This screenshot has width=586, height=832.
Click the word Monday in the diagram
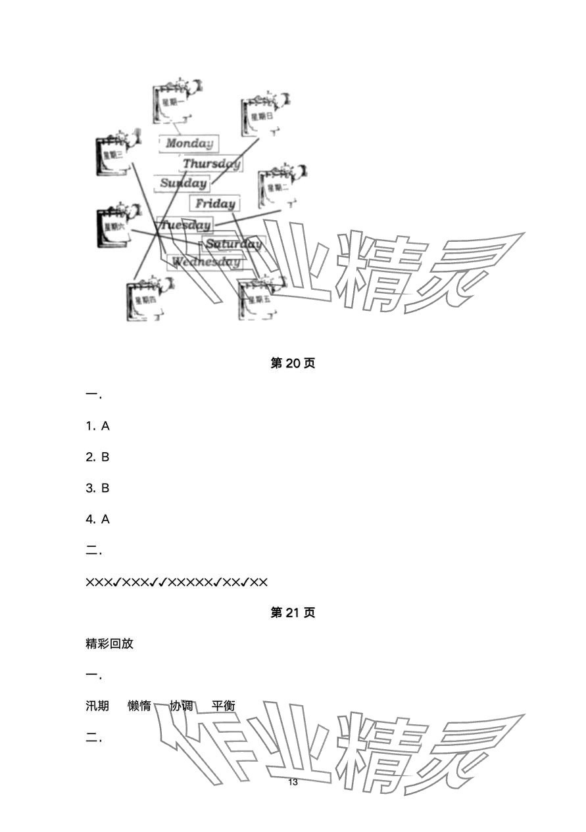coord(189,143)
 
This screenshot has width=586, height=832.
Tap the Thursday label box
coord(211,164)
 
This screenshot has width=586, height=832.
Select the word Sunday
coord(183,183)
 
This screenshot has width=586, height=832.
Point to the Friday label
coord(215,204)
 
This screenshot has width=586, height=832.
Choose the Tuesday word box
coord(185,225)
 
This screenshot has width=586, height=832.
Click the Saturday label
coord(233,244)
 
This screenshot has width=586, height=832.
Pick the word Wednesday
coord(206,262)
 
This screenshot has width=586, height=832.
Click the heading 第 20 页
coord(293,363)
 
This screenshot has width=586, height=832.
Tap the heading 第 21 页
coord(293,612)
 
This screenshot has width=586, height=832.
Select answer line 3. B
coord(97,488)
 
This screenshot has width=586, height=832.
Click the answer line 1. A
coord(97,426)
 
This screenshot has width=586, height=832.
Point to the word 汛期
coord(97,706)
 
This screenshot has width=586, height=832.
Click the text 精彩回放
coord(109,643)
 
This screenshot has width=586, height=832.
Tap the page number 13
coord(293,782)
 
